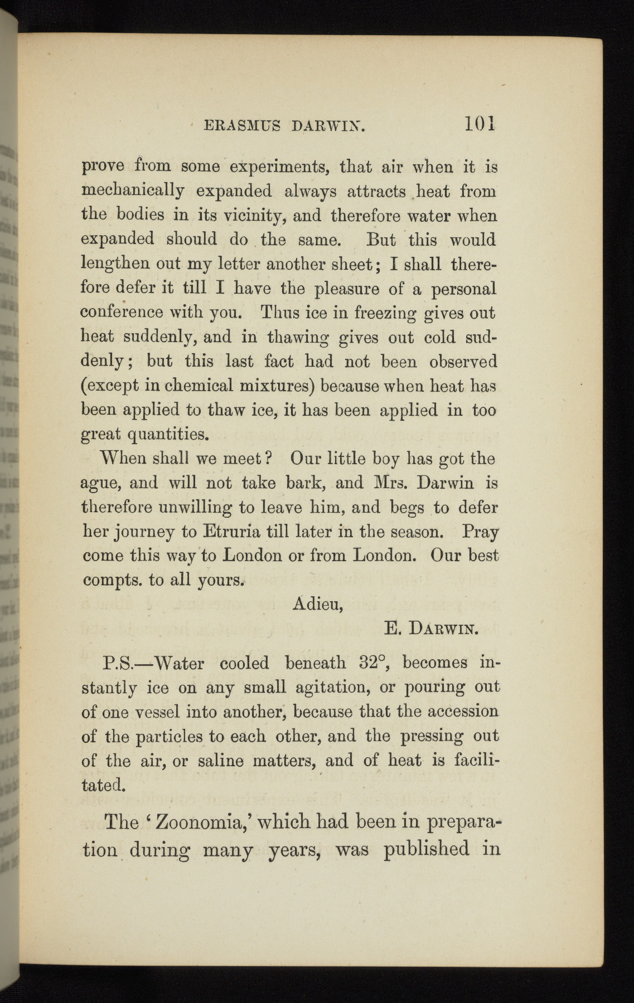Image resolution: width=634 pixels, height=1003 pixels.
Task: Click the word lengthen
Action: (x=116, y=264)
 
